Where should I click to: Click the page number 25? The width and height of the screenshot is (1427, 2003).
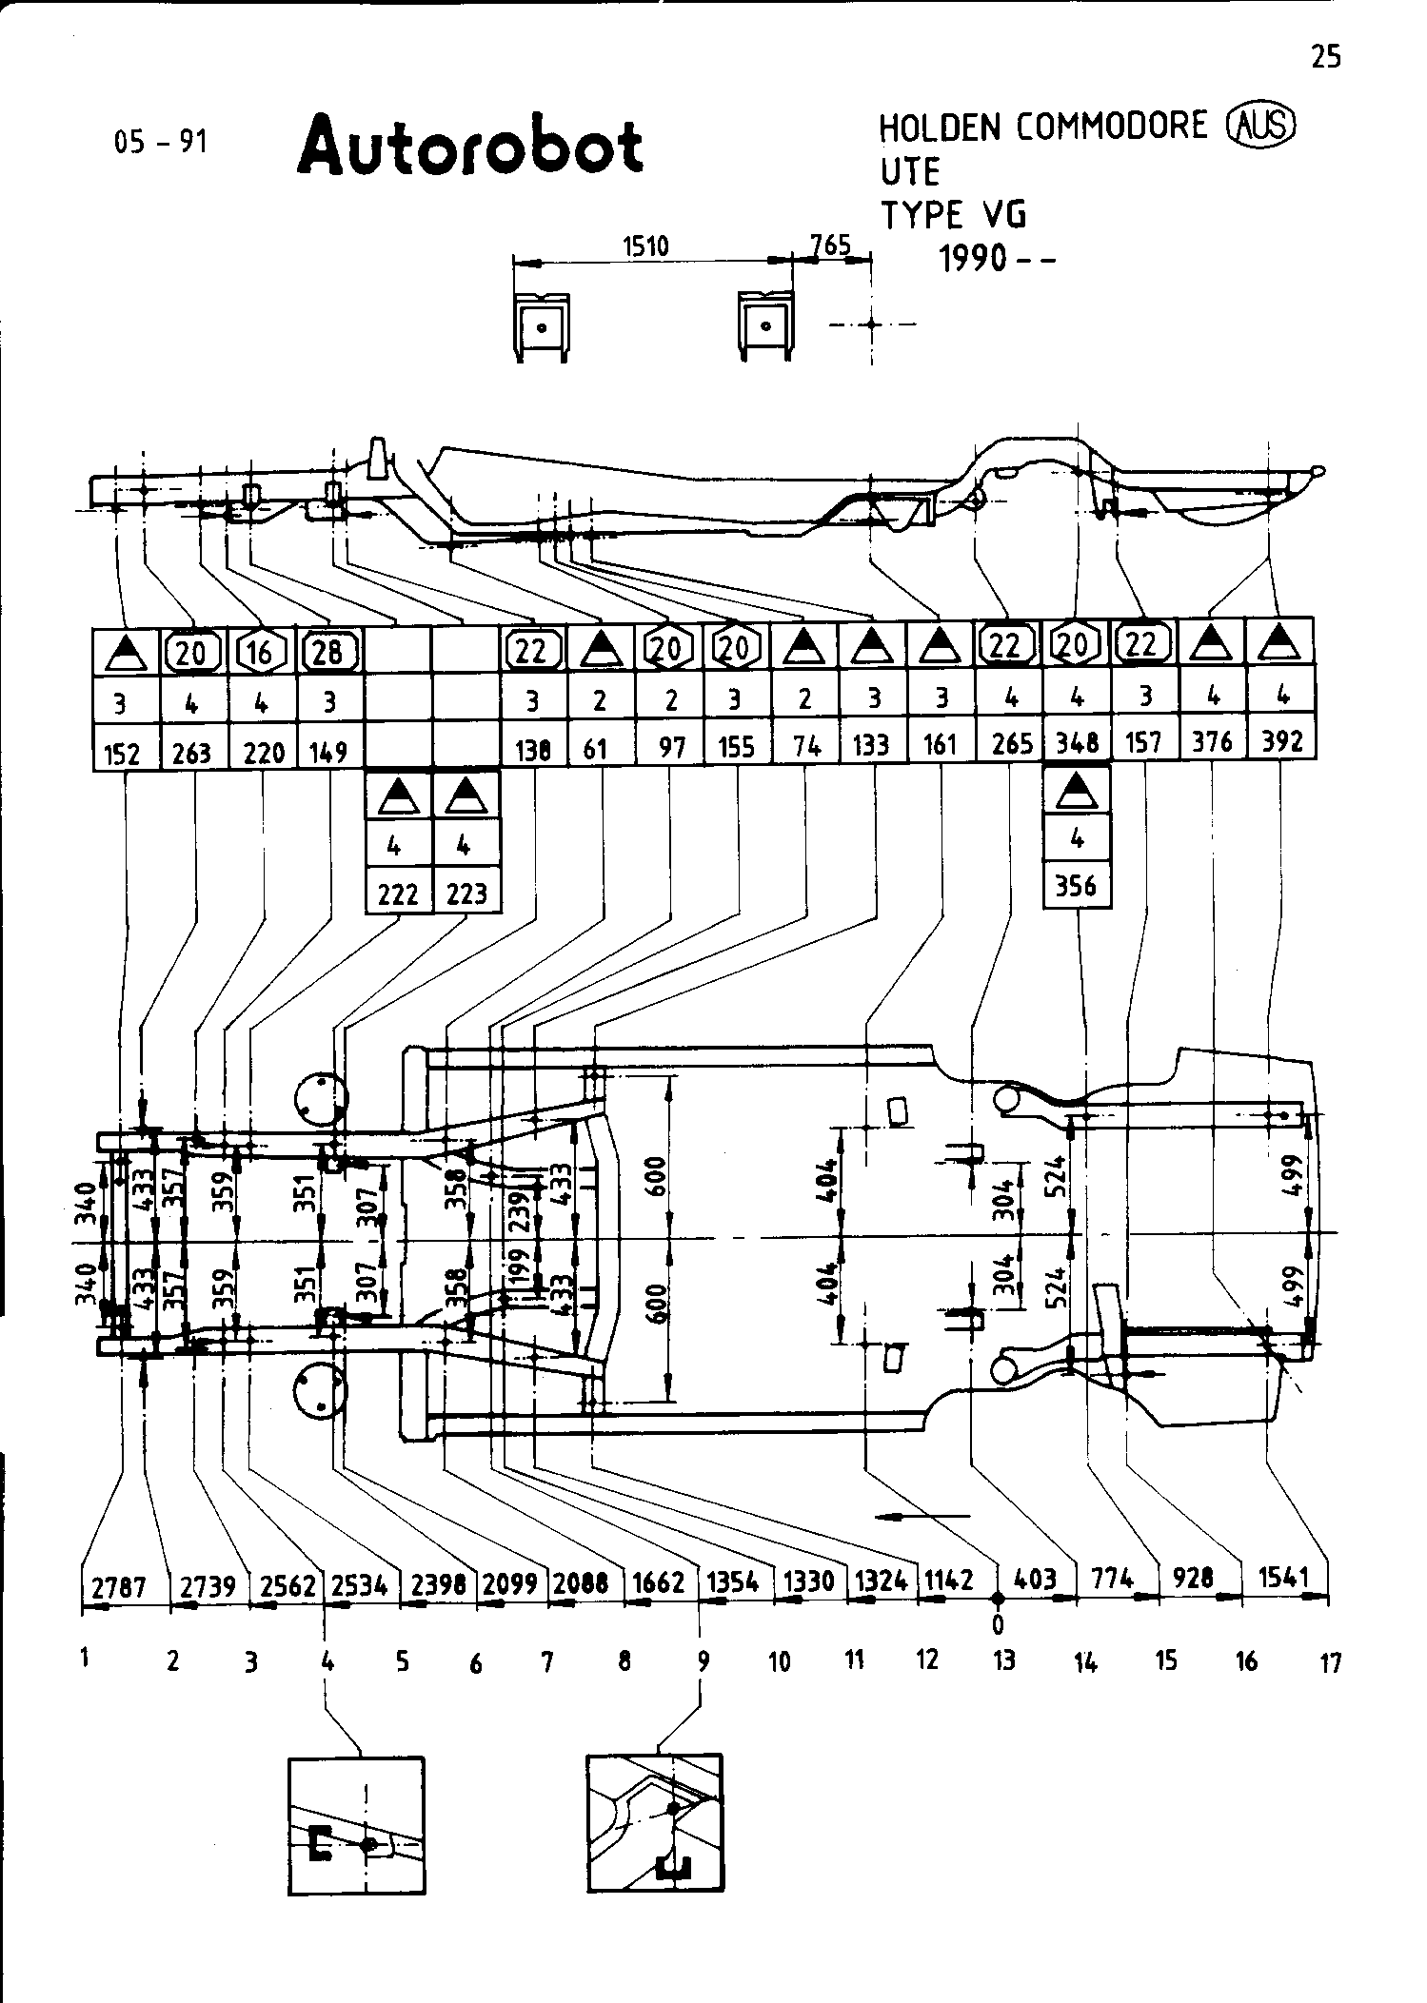[x=1325, y=57]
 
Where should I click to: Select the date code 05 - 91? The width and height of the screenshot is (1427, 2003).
[x=160, y=143]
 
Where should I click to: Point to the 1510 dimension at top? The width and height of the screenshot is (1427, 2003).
[x=645, y=246]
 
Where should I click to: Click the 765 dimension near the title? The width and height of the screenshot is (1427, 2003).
[x=830, y=245]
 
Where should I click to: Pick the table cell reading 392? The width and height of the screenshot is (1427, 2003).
[x=1281, y=741]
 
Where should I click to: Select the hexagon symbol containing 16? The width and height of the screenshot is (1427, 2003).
[x=260, y=652]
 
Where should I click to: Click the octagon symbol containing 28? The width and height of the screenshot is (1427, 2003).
[x=329, y=652]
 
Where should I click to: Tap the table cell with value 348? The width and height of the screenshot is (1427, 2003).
[x=1078, y=742]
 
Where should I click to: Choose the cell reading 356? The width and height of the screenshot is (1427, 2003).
[x=1077, y=887]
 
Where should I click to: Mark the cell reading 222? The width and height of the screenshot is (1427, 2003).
[x=398, y=894]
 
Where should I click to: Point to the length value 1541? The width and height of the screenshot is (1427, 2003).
[x=1283, y=1577]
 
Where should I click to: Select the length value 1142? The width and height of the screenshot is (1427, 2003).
[x=949, y=1580]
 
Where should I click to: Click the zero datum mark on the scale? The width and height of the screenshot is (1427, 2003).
[x=999, y=1598]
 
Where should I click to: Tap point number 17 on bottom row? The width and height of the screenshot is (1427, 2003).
[x=1331, y=1663]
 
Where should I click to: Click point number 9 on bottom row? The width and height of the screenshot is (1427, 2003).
[x=703, y=1661]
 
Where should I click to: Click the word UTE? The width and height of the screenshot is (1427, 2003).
[x=909, y=172]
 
